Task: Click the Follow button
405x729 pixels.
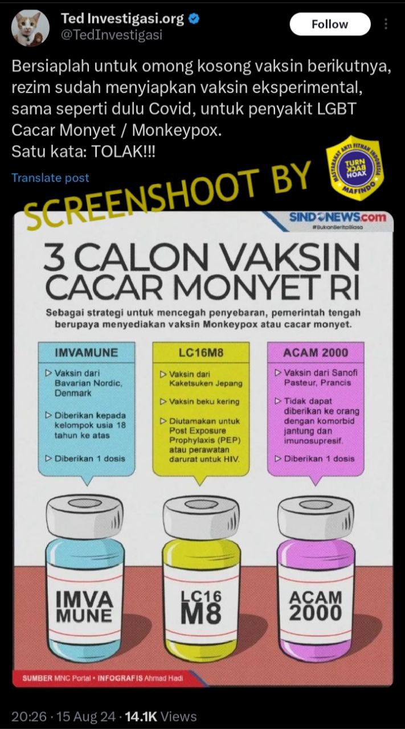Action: [330, 24]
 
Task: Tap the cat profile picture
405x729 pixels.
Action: [31, 28]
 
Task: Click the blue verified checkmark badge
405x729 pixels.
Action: [194, 19]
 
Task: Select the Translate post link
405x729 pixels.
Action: [50, 178]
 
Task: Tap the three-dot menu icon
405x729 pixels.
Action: [386, 24]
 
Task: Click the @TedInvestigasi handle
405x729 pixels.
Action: [112, 35]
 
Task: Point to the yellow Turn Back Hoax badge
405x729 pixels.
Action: [355, 167]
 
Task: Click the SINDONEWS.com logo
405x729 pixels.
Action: [337, 217]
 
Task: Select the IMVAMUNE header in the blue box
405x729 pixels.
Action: [86, 353]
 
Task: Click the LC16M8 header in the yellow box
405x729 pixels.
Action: [201, 353]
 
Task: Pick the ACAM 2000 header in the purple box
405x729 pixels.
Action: [316, 353]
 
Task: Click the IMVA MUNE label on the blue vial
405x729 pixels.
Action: [84, 607]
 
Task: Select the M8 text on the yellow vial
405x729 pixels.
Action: [201, 613]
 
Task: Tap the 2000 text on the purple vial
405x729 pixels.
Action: [316, 613]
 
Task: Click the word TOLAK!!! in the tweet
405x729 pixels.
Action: [123, 151]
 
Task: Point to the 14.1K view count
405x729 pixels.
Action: [141, 716]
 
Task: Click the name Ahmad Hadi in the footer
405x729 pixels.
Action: [163, 678]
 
